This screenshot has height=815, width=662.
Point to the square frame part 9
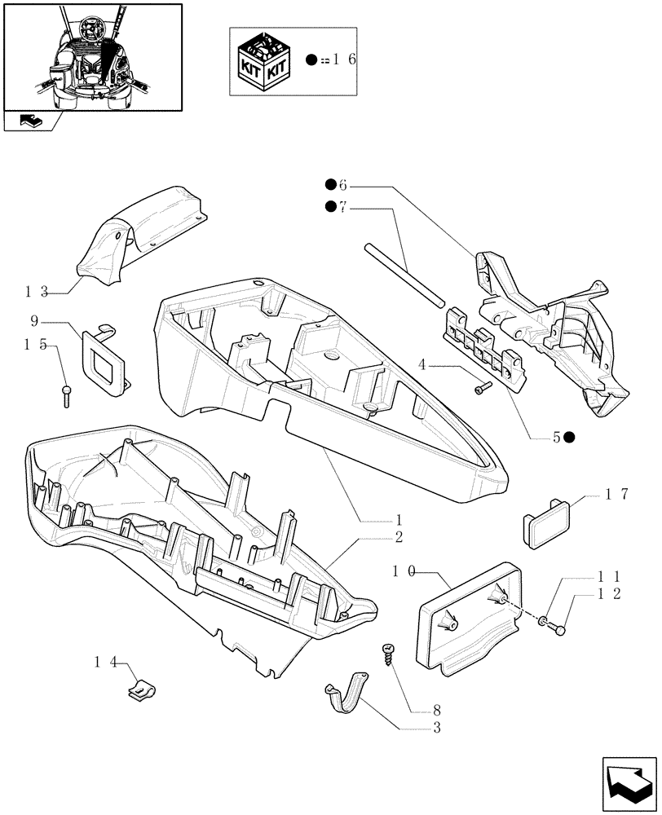point(104,359)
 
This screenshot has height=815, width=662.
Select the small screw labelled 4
point(482,389)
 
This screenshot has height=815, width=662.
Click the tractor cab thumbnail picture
point(92,56)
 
